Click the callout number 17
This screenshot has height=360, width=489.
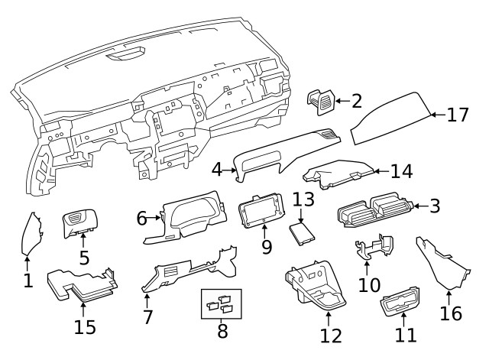[x=457, y=115]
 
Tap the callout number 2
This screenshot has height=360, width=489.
[x=356, y=100]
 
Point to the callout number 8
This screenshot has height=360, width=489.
[x=222, y=331]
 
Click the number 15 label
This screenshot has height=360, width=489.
[x=85, y=327]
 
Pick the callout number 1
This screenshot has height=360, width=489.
[x=28, y=281]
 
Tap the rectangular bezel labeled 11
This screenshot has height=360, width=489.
[x=400, y=307]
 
